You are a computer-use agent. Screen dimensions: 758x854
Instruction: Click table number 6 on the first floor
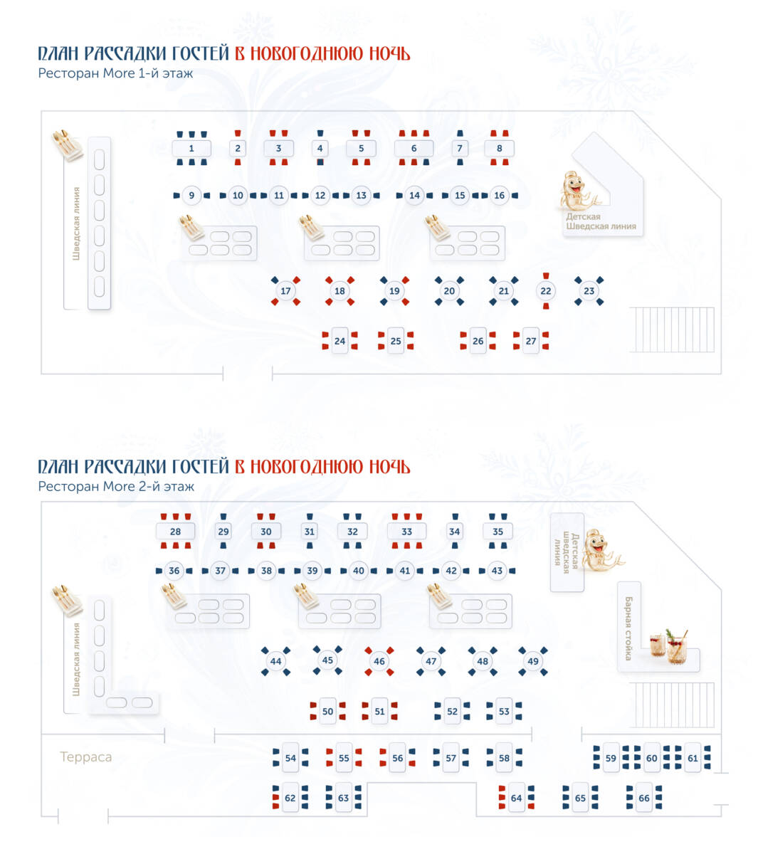click(x=413, y=148)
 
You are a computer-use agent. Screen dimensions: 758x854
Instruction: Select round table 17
click(x=285, y=291)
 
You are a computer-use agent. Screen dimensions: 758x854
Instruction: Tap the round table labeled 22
click(x=545, y=291)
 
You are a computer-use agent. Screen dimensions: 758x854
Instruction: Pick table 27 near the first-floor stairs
click(x=530, y=341)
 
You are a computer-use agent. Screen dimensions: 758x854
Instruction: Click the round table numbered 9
click(x=191, y=195)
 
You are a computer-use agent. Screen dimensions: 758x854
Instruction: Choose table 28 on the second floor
click(x=175, y=532)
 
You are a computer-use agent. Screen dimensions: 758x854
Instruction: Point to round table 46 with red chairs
click(x=379, y=661)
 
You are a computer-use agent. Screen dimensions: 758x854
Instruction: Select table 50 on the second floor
click(x=327, y=711)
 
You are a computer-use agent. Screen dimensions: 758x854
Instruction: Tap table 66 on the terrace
click(x=643, y=798)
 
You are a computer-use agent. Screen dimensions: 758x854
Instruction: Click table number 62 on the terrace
click(x=290, y=798)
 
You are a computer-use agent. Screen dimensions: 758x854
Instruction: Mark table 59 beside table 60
click(x=611, y=759)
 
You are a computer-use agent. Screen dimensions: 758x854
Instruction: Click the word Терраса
click(x=85, y=757)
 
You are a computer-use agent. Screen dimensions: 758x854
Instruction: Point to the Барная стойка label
click(x=628, y=628)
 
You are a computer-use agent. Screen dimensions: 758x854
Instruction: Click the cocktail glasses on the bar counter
click(x=668, y=647)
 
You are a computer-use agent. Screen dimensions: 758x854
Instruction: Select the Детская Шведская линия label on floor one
click(x=601, y=221)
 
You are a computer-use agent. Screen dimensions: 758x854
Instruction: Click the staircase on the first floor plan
click(x=672, y=330)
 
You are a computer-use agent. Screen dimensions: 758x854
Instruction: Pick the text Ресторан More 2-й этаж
click(x=116, y=487)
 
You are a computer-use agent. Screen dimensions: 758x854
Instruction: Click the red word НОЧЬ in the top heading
click(x=389, y=53)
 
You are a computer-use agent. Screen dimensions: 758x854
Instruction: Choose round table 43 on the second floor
click(x=497, y=571)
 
